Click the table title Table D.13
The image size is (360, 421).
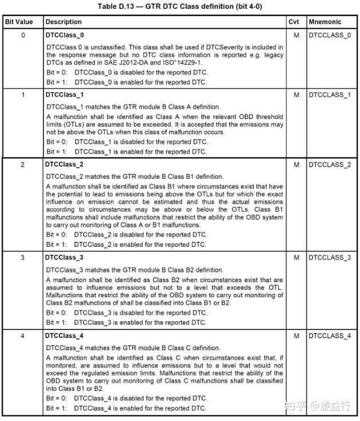pos(180,6)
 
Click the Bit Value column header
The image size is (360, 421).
pos(19,22)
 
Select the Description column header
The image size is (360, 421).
pos(64,22)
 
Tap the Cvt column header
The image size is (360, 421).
pos(294,22)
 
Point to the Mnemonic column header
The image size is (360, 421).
pos(325,22)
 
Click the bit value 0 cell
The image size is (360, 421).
pos(23,36)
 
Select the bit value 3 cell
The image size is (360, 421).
pos(23,258)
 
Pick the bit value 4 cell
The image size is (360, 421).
pos(23,336)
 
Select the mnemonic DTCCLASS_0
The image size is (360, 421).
pos(330,36)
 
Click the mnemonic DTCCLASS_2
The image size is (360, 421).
pos(330,165)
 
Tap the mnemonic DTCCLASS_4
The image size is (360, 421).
pos(330,336)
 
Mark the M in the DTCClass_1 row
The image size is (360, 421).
pos(296,95)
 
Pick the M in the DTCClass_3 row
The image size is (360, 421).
pos(296,258)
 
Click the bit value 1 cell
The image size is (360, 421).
pos(23,95)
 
